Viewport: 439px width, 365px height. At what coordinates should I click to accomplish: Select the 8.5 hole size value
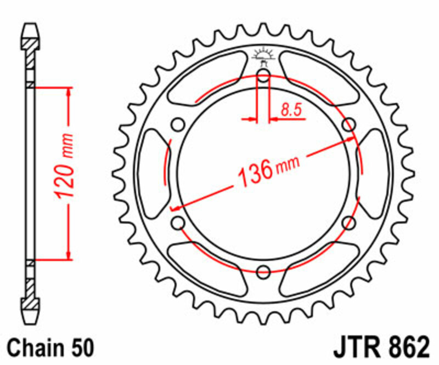[291, 110]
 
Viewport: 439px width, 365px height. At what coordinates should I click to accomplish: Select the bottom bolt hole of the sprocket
[263, 271]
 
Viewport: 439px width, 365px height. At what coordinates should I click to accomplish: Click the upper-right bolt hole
[348, 125]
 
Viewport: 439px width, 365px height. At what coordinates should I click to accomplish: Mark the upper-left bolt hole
[178, 125]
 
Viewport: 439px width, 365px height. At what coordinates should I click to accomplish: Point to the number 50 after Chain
[81, 348]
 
